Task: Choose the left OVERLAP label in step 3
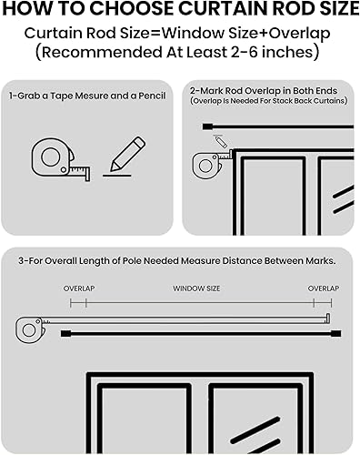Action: [x=79, y=288]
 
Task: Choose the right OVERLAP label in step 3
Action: [x=324, y=288]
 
